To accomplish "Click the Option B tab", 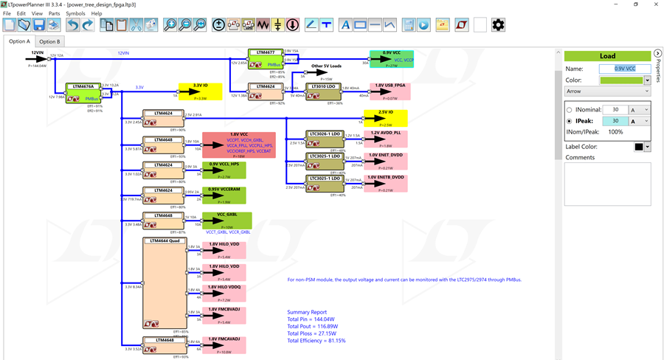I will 49,41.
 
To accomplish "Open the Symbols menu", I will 75,13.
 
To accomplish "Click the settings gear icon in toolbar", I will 498,25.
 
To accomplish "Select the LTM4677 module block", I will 265,59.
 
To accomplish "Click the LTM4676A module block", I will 83,93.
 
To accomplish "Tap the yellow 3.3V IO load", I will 200,91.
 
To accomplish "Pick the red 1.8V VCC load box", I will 238,145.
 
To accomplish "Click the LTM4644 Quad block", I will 163,284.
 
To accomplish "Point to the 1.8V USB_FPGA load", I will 389,91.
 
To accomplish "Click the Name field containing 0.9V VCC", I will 624,69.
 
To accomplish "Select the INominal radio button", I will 569,110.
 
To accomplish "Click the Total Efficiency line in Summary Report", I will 316,341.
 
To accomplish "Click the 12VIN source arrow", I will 36,58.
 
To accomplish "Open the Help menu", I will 97,13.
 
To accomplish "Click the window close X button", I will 654,4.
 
